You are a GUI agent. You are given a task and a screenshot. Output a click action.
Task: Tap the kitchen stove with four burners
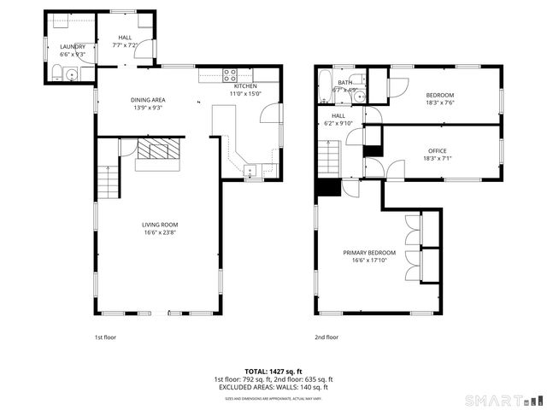(x=230, y=73)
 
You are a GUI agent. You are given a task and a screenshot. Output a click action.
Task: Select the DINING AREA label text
(x=147, y=100)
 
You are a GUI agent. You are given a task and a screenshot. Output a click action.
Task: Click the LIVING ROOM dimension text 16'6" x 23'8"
(x=160, y=231)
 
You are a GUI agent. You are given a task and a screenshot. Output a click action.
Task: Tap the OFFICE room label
(x=437, y=151)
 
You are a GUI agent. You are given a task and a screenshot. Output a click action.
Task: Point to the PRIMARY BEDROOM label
(x=369, y=253)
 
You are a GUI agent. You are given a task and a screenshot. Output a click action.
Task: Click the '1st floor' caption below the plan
(x=105, y=337)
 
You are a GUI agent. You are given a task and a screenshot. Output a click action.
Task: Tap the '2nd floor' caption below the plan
(x=326, y=337)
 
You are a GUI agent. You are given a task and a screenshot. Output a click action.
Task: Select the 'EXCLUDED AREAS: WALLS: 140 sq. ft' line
(x=273, y=387)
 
